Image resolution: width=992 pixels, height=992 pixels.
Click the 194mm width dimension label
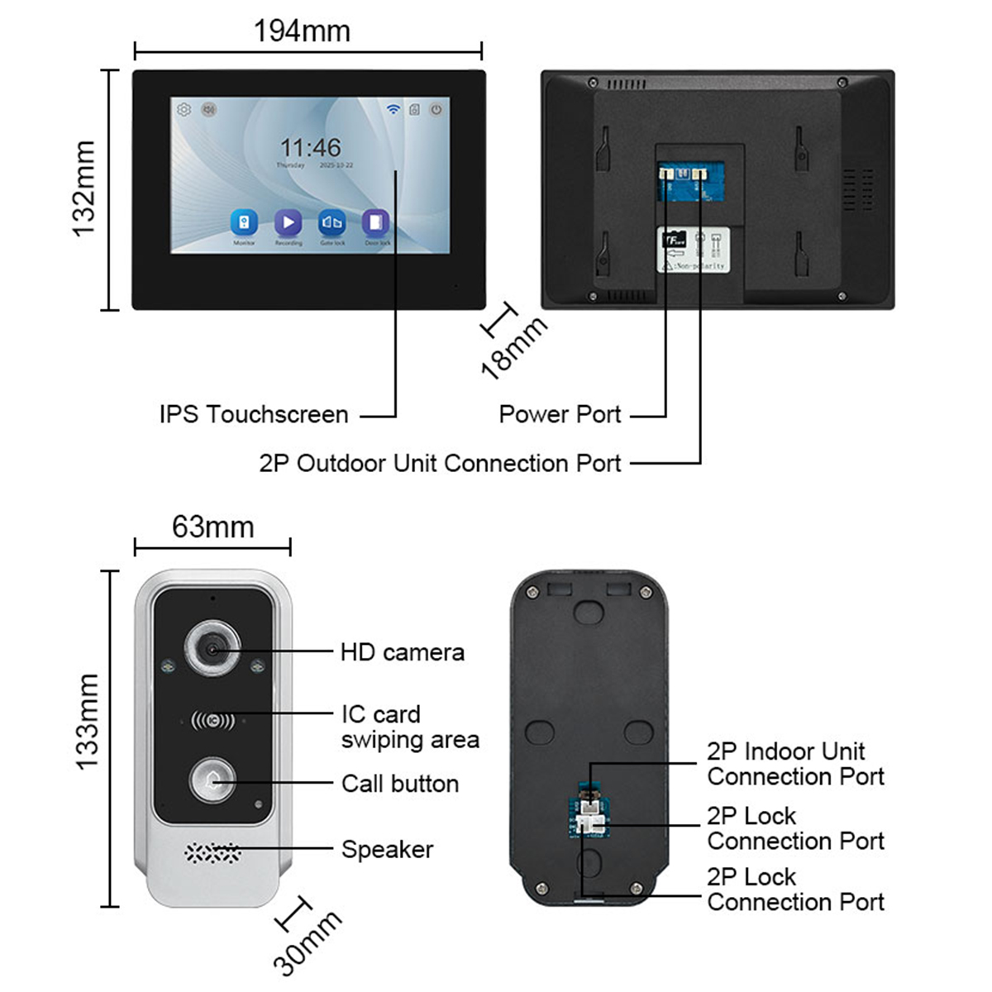click(302, 31)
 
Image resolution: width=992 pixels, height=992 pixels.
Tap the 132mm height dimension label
click(84, 189)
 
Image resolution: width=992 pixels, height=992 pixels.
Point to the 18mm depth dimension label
click(513, 348)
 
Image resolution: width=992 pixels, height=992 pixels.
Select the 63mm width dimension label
click(212, 527)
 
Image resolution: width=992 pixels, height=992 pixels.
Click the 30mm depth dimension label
click(307, 942)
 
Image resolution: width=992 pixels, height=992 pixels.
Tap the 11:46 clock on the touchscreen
click(310, 148)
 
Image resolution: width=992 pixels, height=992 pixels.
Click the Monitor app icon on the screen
click(244, 222)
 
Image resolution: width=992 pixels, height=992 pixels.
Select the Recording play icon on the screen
click(288, 222)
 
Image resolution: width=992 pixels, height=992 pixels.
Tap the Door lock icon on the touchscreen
click(376, 222)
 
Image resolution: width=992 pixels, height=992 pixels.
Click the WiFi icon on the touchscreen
click(393, 109)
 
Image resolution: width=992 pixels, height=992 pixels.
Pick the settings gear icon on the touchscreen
click(184, 109)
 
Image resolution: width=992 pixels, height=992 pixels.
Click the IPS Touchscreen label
click(254, 414)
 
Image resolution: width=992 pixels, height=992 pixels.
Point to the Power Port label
click(560, 414)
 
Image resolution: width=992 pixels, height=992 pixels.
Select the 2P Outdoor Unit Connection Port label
click(440, 463)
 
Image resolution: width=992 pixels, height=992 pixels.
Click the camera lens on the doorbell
click(212, 651)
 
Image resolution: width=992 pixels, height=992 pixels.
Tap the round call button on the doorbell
click(212, 781)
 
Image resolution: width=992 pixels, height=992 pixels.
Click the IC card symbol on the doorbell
click(212, 721)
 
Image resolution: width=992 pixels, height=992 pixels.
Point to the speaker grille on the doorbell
click(212, 851)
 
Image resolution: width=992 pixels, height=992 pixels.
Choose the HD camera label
click(402, 652)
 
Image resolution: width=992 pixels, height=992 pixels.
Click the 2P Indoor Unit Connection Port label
click(795, 764)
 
